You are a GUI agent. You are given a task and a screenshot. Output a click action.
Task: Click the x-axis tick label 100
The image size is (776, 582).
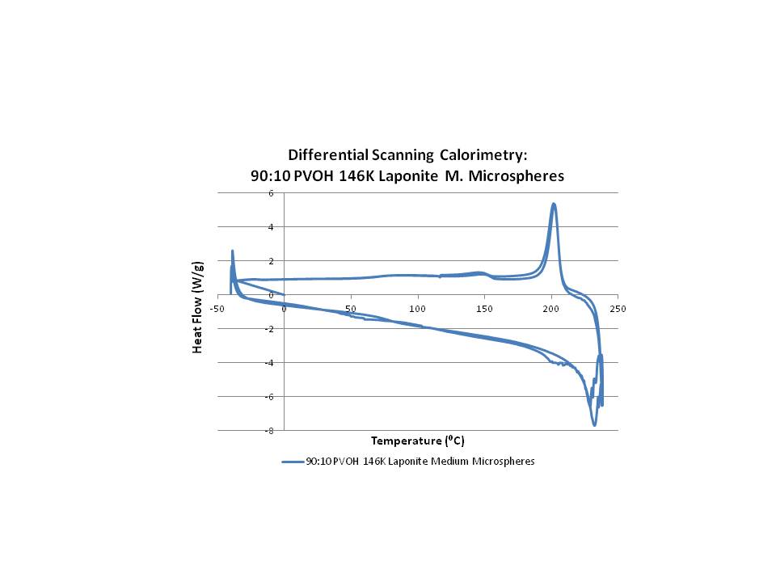417,308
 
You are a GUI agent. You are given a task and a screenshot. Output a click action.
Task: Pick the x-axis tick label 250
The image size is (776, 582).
618,308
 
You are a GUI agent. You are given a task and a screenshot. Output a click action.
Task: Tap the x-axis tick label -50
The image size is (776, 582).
217,308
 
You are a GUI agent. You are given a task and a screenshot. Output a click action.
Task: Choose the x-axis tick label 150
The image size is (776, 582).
484,308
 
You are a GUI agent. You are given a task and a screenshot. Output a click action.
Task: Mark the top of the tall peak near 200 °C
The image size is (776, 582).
554,204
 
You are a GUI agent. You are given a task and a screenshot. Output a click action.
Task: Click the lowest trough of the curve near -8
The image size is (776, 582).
594,424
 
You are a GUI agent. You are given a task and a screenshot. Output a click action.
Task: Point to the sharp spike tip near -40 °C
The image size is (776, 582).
232,251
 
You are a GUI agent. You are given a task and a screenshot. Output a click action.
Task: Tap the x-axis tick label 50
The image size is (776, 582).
350,308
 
